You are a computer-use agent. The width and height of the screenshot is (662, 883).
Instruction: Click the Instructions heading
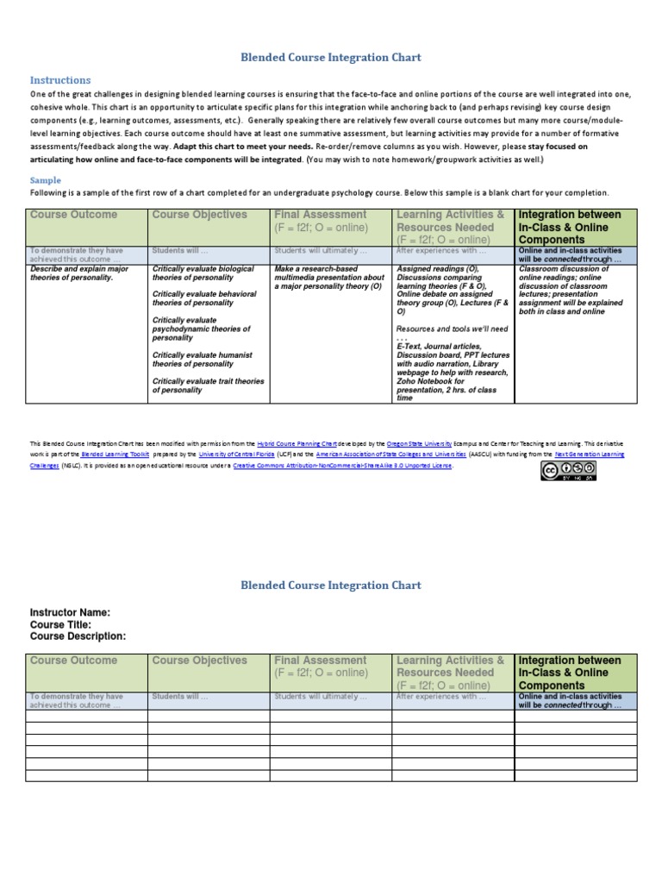tap(60, 80)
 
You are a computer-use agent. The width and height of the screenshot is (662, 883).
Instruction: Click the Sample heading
tap(47, 180)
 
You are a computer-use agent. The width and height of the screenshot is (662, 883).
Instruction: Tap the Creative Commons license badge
tap(567, 471)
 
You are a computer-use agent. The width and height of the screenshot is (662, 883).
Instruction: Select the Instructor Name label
tap(70, 613)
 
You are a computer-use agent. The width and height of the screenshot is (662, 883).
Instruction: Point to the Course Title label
tap(60, 624)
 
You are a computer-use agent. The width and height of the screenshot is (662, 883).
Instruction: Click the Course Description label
tap(78, 636)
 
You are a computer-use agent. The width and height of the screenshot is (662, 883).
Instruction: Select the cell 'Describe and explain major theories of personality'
tap(80, 273)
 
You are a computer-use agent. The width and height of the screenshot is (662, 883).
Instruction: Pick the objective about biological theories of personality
tap(203, 273)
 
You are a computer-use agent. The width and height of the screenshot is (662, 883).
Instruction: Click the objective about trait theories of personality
tap(208, 385)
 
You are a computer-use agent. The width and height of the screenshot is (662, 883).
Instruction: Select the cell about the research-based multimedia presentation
tap(328, 278)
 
